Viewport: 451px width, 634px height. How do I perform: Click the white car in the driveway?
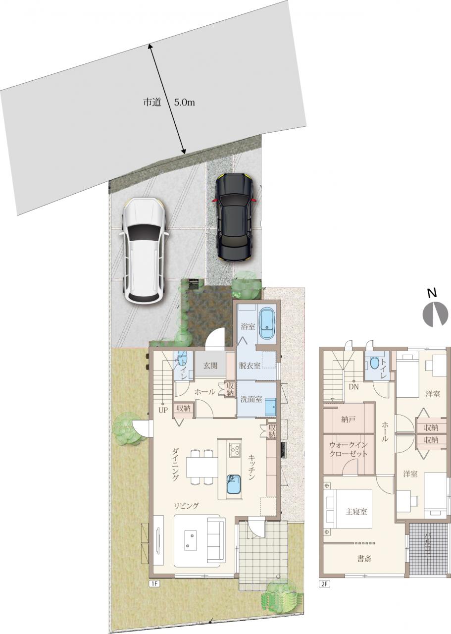tap(145, 251)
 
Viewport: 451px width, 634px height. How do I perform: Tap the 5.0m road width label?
tap(184, 102)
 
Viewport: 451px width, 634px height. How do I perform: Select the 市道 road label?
tap(152, 102)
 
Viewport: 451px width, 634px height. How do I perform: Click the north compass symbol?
tap(436, 315)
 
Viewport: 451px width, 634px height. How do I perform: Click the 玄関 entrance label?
tap(210, 366)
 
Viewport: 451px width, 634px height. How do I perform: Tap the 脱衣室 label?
tap(250, 366)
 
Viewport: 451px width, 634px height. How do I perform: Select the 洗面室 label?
tap(251, 399)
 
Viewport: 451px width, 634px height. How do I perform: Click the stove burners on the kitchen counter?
tap(235, 450)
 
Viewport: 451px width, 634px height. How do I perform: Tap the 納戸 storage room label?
tap(349, 420)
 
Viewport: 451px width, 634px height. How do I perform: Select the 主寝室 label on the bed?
tap(356, 512)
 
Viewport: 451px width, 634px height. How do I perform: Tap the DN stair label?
tap(353, 387)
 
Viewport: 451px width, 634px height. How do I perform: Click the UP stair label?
tap(163, 411)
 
